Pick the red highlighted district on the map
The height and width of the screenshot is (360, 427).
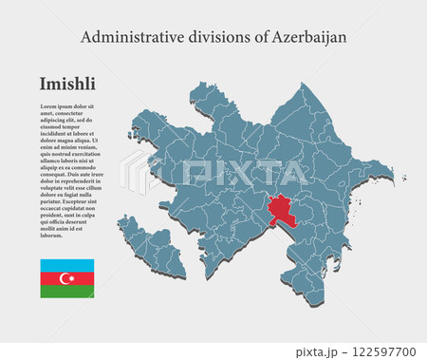282,209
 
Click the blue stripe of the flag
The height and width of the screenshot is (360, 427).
66,265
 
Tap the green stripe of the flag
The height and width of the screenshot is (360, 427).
66,292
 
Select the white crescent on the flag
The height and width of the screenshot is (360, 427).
65,278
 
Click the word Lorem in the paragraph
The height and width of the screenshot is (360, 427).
47,105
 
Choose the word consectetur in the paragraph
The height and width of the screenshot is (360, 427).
80,113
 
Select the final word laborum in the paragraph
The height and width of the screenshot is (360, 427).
53,235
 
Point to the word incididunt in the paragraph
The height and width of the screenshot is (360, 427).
55,134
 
